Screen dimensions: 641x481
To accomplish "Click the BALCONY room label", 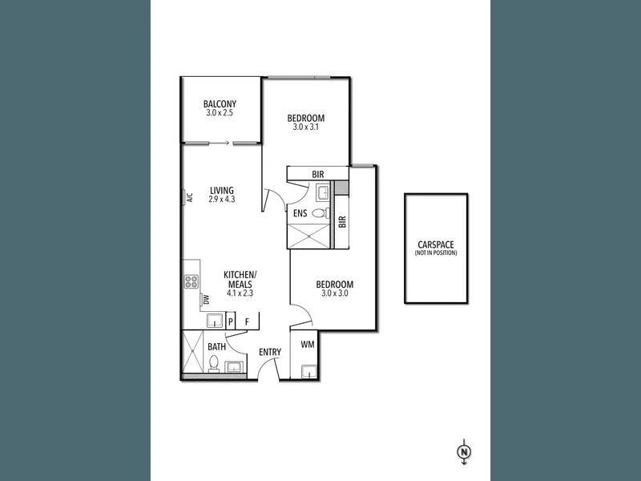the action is pyautogui.click(x=220, y=104).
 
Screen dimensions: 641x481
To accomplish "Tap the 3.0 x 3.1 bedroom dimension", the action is pyautogui.click(x=306, y=127).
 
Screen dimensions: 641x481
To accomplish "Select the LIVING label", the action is pyautogui.click(x=222, y=191).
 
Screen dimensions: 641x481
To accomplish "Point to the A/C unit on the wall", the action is pyautogui.click(x=185, y=198).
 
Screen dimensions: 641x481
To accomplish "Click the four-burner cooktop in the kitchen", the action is pyautogui.click(x=191, y=281).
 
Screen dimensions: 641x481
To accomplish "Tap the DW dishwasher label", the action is pyautogui.click(x=206, y=300).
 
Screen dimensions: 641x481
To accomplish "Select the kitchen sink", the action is pyautogui.click(x=215, y=321).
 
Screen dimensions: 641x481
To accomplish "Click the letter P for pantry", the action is pyautogui.click(x=231, y=322).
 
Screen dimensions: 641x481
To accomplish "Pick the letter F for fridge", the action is pyautogui.click(x=247, y=322).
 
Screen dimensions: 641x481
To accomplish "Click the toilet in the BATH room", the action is pyautogui.click(x=213, y=364).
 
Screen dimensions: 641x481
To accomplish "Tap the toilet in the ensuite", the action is pyautogui.click(x=320, y=213).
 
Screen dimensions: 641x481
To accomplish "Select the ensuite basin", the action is pyautogui.click(x=323, y=192).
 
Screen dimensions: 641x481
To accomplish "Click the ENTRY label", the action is pyautogui.click(x=270, y=352).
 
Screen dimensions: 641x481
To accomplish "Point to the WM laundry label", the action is pyautogui.click(x=308, y=345).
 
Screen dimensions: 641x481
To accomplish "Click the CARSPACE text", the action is pyautogui.click(x=436, y=245).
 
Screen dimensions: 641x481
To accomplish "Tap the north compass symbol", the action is pyautogui.click(x=464, y=452).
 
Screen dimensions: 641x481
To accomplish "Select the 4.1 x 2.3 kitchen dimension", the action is pyautogui.click(x=240, y=293).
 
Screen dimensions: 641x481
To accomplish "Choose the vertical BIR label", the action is pyautogui.click(x=343, y=222).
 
